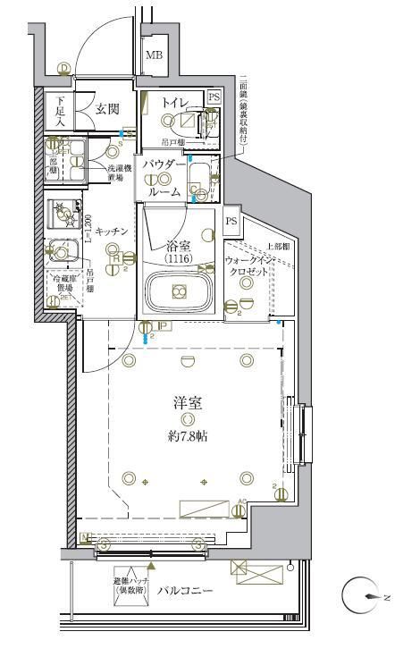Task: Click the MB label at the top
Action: click(155, 55)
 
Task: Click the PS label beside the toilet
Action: click(214, 97)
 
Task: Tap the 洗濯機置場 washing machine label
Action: click(120, 171)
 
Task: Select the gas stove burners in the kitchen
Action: click(63, 212)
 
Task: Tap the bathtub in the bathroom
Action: click(179, 291)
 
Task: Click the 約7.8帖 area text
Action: click(187, 437)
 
